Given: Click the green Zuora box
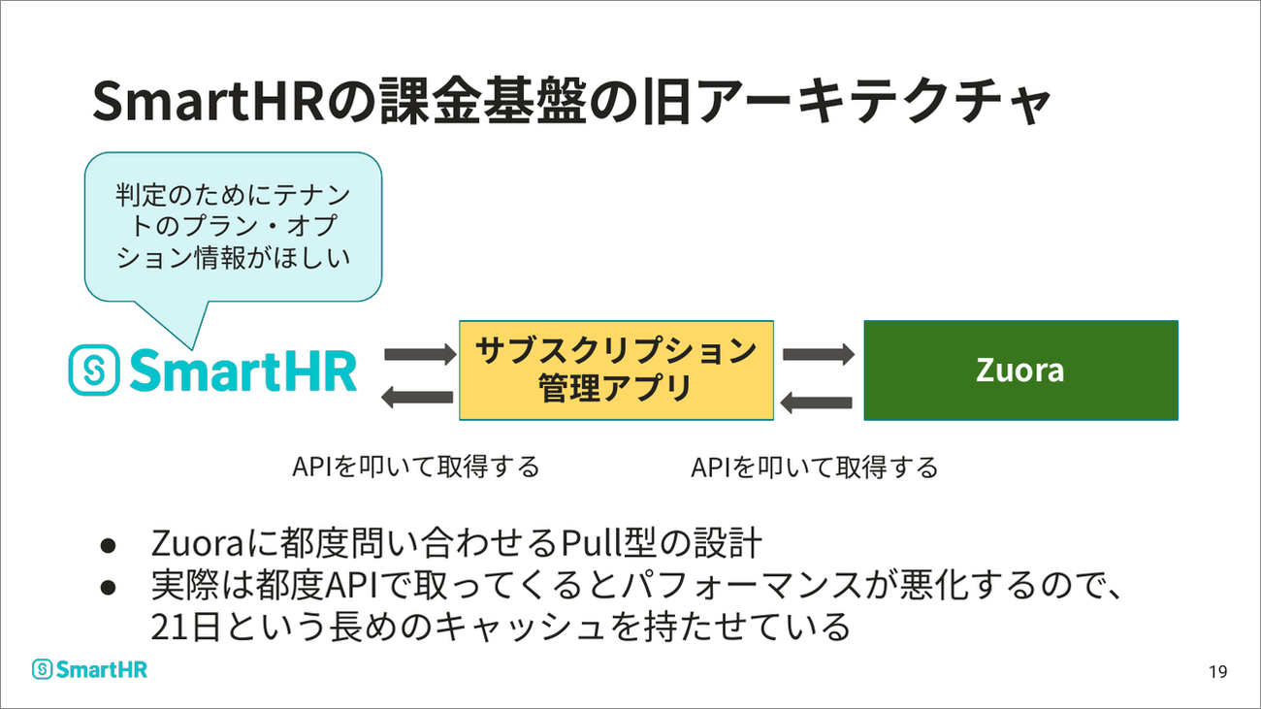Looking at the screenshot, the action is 1020,371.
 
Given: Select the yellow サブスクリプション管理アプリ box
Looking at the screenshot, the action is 616,371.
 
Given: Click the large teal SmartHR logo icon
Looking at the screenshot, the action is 94,370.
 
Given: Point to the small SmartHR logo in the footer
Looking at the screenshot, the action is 89,669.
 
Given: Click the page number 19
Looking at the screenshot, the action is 1217,671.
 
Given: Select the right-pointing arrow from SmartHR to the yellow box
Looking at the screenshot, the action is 420,355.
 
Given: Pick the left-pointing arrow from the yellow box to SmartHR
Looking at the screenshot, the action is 417,398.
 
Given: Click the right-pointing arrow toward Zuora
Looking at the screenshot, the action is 819,355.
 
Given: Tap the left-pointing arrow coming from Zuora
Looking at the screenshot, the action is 817,403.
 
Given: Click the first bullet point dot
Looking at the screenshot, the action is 108,545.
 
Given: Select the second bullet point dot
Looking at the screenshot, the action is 108,588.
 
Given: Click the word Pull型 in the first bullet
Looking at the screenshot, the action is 608,542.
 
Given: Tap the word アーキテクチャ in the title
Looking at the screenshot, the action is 874,101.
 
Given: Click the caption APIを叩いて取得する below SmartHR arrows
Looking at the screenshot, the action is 416,467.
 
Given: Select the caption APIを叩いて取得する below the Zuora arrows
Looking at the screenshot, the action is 815,467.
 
